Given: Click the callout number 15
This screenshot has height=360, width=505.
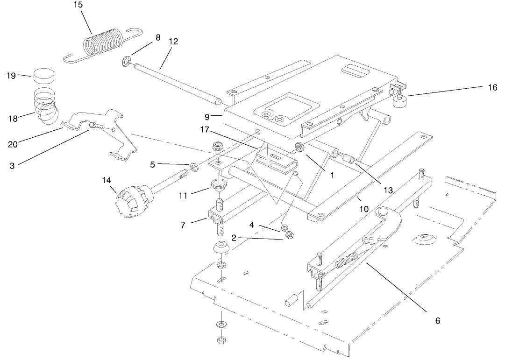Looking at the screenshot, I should [78, 5].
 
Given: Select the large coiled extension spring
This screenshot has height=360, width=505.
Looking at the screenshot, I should [103, 44].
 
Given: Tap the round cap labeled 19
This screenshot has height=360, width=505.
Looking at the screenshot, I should [43, 75].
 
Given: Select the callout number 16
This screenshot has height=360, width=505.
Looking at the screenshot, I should [492, 87].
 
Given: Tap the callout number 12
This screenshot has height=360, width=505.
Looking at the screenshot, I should [173, 42].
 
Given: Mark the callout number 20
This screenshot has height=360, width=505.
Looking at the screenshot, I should [13, 144].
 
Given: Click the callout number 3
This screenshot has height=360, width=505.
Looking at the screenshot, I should [13, 165].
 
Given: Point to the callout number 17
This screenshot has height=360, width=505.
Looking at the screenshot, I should [206, 129].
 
